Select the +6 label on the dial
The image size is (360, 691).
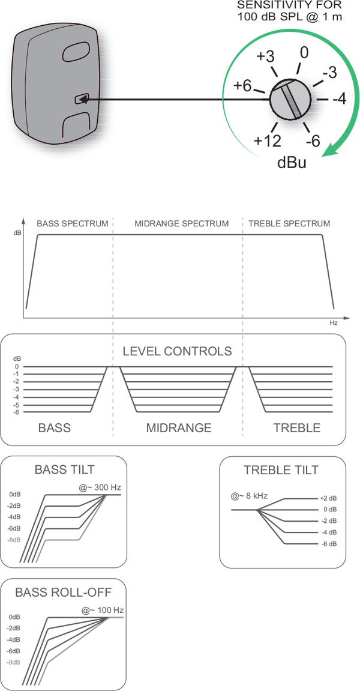point(242,86)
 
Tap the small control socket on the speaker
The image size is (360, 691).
point(80,99)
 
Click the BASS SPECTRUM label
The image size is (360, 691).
point(73,224)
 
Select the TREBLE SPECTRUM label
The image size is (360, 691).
point(289,224)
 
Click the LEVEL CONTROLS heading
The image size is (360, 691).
point(177,351)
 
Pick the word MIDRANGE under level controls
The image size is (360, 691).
point(179,428)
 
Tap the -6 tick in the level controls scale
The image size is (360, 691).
point(17,411)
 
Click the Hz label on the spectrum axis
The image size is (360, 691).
point(334,323)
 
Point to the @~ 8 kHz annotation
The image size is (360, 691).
point(249,496)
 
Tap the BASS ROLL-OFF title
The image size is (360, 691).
point(64,592)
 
